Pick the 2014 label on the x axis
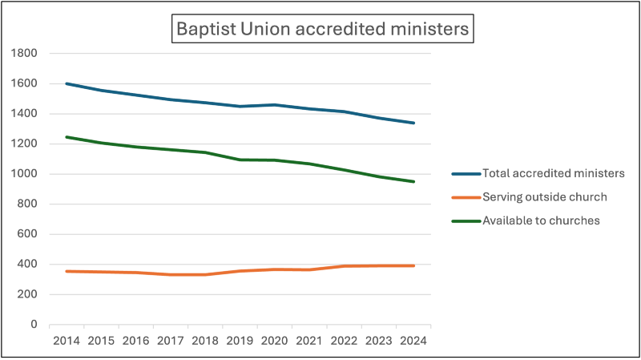coord(67,340)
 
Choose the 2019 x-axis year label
coord(240,340)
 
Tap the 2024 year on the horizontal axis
coord(413,340)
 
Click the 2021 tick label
coord(309,340)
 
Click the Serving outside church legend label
coord(542,197)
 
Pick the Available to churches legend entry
coord(540,220)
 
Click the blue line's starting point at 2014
coord(67,83)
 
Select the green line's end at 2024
coord(413,181)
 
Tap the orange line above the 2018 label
coord(205,275)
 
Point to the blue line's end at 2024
coord(413,123)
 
